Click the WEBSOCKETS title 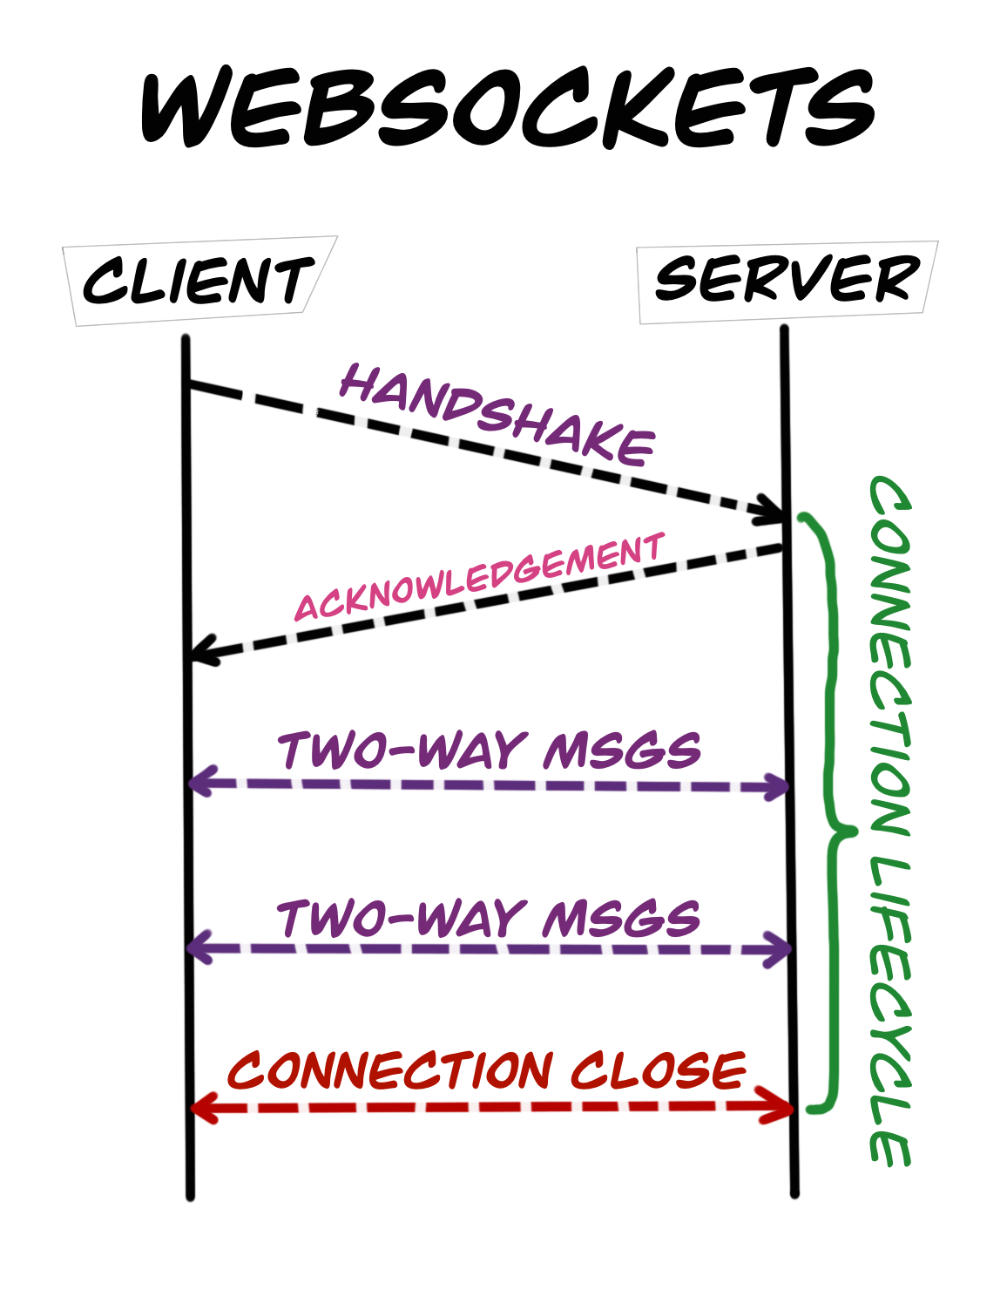click(507, 110)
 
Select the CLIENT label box click(199, 281)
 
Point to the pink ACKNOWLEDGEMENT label click(480, 576)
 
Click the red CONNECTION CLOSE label click(488, 1069)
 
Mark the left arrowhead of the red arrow click(202, 1108)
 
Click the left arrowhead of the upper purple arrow click(200, 781)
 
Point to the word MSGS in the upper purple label click(622, 750)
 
